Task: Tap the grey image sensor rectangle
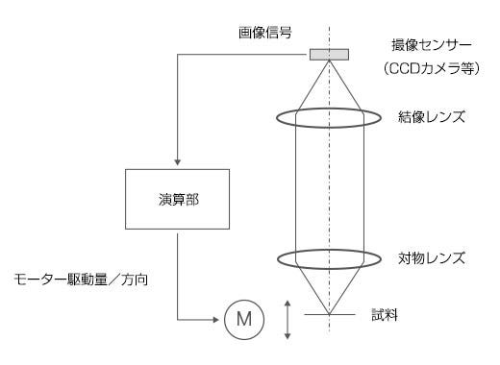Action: click(x=329, y=53)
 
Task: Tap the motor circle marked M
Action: click(x=240, y=317)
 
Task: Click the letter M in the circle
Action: click(x=240, y=317)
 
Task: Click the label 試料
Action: click(x=383, y=315)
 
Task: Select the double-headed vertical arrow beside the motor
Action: click(x=287, y=317)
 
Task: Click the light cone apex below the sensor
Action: click(x=329, y=61)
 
